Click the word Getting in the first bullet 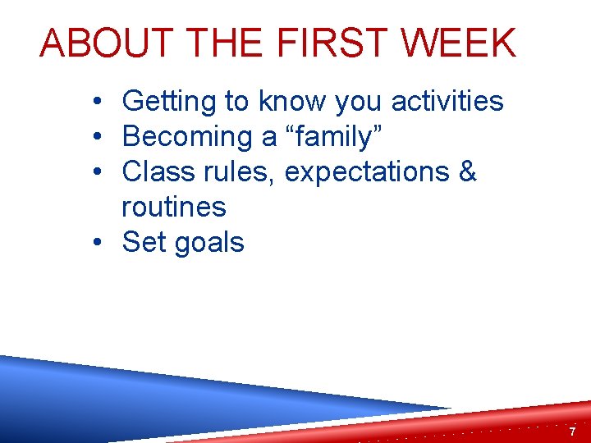(x=171, y=103)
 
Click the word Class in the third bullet (x=153, y=172)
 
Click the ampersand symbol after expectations (x=467, y=172)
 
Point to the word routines (x=174, y=208)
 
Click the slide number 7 (x=572, y=431)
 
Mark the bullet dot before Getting (x=97, y=103)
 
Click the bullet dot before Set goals (x=97, y=244)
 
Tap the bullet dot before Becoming (x=97, y=138)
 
